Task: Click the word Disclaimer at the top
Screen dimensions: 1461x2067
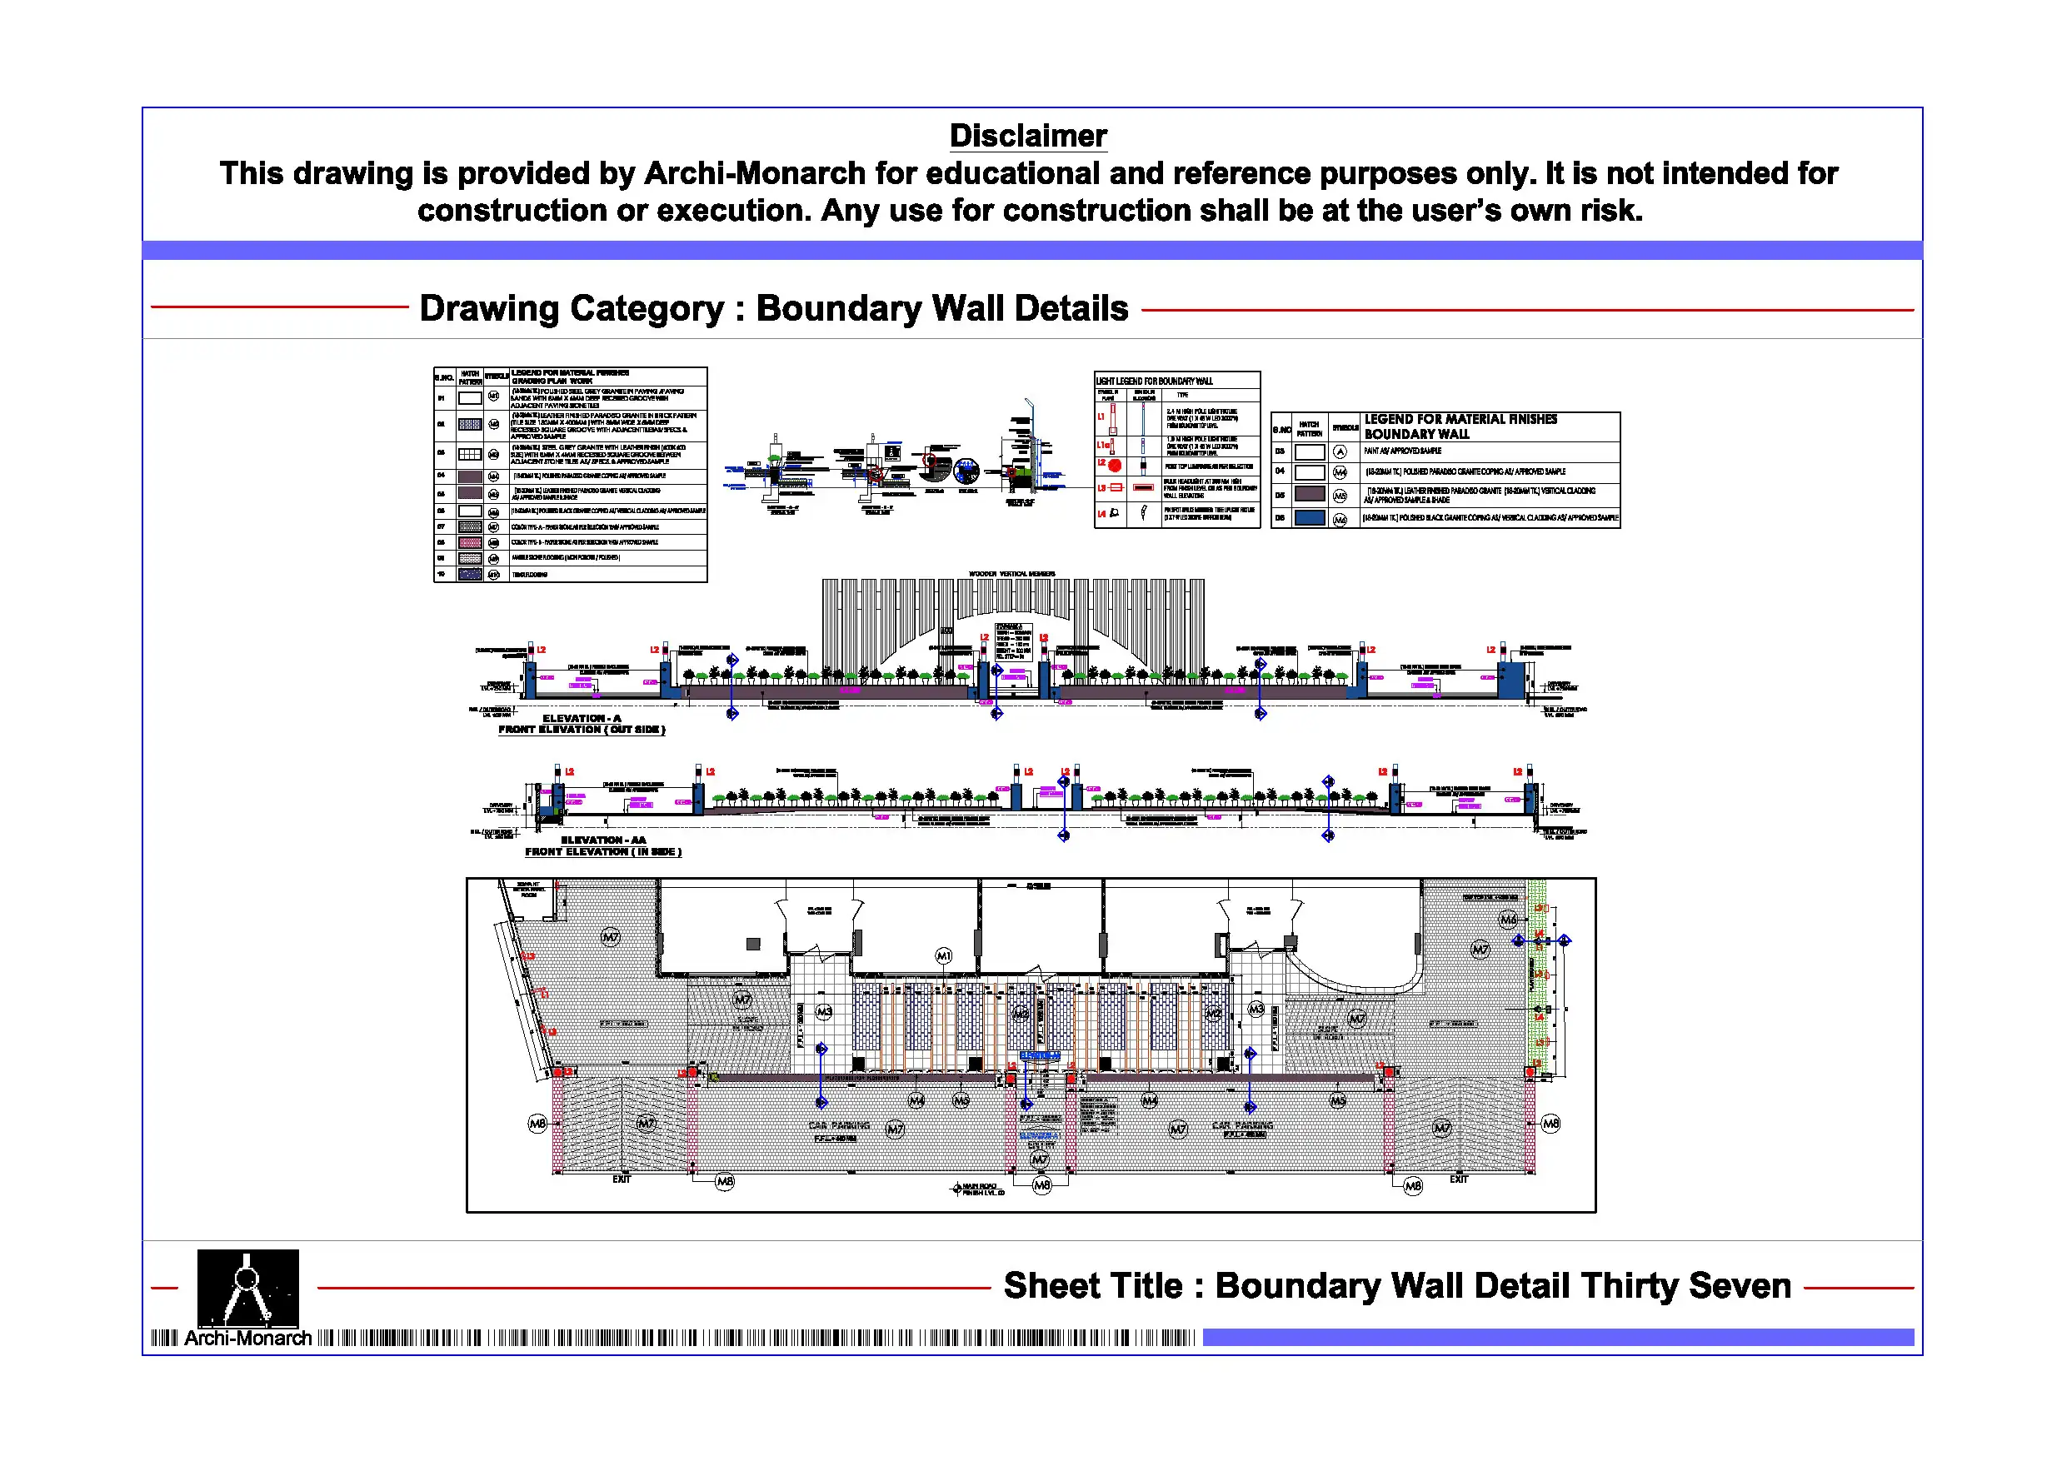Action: [x=1027, y=136]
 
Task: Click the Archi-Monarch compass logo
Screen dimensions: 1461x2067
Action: [x=247, y=1286]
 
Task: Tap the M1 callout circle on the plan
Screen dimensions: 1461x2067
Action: [x=942, y=955]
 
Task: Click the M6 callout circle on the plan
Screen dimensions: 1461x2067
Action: [x=1508, y=919]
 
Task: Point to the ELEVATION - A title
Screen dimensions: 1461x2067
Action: [x=581, y=718]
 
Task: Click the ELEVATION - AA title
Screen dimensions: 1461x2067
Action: [x=603, y=840]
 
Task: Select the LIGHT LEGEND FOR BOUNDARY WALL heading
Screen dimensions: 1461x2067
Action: [x=1154, y=381]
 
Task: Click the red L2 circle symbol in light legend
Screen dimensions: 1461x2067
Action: [x=1115, y=466]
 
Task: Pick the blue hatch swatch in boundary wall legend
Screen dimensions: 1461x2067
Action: [x=1309, y=517]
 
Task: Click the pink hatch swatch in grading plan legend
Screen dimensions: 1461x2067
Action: [x=470, y=542]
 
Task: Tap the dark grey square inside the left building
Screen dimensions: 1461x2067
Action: [x=753, y=944]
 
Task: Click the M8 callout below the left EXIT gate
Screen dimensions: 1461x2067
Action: [x=725, y=1181]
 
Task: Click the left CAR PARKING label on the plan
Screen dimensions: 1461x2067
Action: [x=839, y=1125]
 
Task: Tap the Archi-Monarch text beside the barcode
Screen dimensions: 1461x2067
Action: [x=247, y=1338]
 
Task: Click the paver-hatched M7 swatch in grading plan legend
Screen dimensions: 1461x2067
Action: [x=470, y=526]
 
